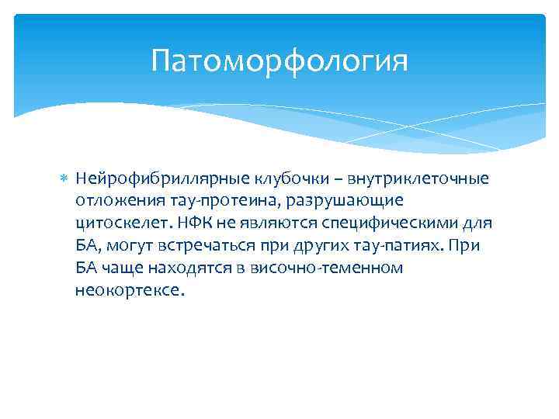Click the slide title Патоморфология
coord(279,60)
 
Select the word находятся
coord(185,268)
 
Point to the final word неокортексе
coord(130,291)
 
